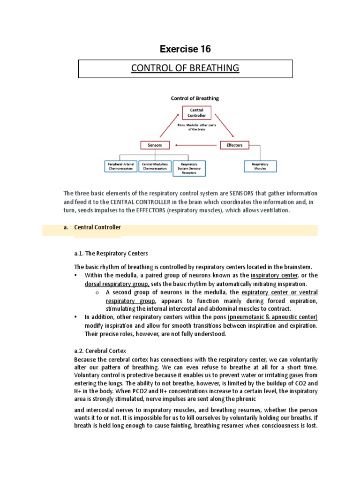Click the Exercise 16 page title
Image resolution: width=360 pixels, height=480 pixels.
tap(185, 49)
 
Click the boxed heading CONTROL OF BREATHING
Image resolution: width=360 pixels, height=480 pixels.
tap(185, 68)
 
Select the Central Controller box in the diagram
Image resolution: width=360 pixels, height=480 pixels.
tap(194, 112)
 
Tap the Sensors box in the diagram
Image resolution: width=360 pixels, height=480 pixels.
tap(155, 145)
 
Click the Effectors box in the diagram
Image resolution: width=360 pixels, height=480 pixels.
tap(234, 145)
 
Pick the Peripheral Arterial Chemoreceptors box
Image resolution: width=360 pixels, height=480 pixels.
tap(120, 166)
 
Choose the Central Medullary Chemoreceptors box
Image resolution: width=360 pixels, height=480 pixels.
tap(155, 166)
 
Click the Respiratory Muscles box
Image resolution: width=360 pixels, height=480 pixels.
tap(260, 166)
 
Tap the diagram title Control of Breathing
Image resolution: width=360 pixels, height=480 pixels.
tap(194, 98)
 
